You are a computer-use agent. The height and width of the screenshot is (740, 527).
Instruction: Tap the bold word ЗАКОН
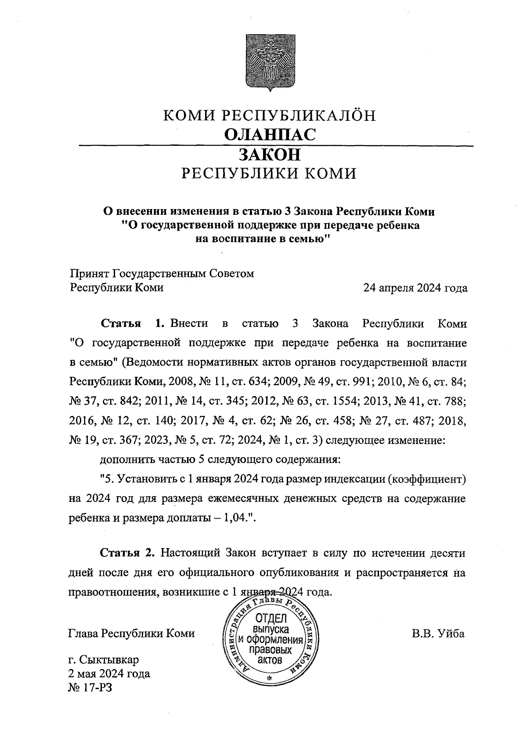click(270, 155)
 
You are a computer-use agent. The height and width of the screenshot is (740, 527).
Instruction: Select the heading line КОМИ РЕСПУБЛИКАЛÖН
click(270, 116)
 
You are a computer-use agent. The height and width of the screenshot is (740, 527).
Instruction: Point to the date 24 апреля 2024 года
click(415, 289)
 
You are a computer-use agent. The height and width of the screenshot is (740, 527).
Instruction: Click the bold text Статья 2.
click(127, 552)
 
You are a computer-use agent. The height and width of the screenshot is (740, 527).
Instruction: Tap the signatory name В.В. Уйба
click(438, 634)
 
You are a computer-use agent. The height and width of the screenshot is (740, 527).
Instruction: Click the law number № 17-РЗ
click(90, 687)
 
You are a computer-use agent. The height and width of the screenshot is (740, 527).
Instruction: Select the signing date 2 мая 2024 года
click(109, 674)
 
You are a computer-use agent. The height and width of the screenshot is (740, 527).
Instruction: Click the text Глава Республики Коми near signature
click(132, 634)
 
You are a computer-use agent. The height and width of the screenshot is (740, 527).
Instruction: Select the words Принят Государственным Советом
click(162, 274)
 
